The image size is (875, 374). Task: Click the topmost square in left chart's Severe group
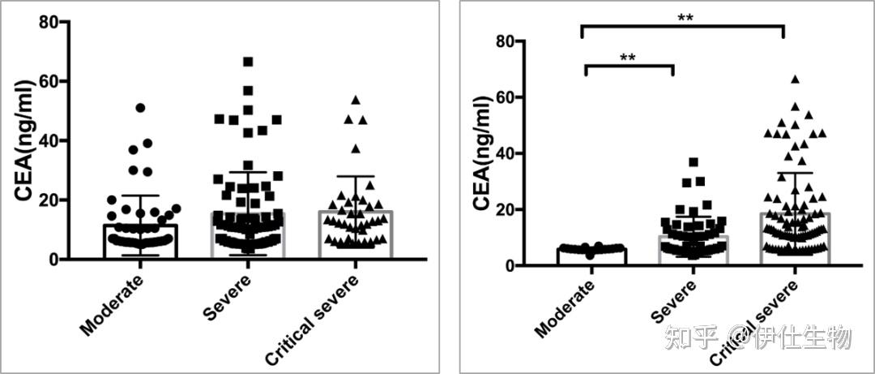pos(248,62)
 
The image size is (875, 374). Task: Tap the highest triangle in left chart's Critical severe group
pos(355,100)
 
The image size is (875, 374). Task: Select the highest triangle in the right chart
pos(795,80)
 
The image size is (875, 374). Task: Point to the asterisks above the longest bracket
pos(682,16)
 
